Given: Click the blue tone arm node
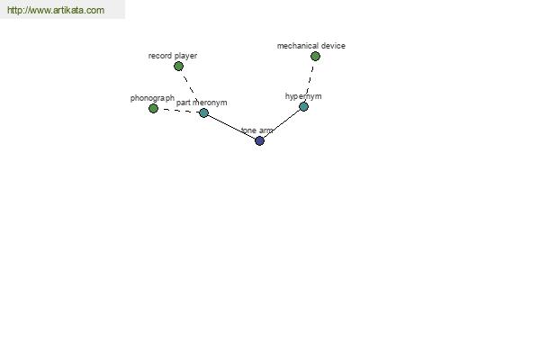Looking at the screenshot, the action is pyautogui.click(x=259, y=140).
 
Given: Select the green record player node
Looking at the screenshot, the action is pyautogui.click(x=178, y=66).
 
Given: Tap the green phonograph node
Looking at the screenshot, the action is pyautogui.click(x=153, y=109).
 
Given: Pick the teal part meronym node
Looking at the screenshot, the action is pyautogui.click(x=203, y=112).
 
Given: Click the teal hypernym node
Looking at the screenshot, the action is pyautogui.click(x=303, y=107).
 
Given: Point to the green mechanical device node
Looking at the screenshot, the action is pyautogui.click(x=315, y=56).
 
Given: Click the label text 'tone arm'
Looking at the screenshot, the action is pyautogui.click(x=256, y=130).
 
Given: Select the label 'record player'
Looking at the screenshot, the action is pyautogui.click(x=173, y=56).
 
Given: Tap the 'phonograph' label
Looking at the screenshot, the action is pyautogui.click(x=152, y=98).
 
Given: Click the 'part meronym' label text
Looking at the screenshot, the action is pyautogui.click(x=202, y=103).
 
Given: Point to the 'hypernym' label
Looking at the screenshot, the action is pyautogui.click(x=303, y=96).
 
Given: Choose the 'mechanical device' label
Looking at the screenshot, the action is pyautogui.click(x=311, y=46).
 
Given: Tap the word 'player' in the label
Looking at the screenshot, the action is pyautogui.click(x=185, y=56).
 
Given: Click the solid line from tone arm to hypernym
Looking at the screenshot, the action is pyautogui.click(x=282, y=123).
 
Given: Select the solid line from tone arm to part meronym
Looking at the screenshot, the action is pyautogui.click(x=231, y=127).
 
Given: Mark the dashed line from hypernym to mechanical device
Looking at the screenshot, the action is pyautogui.click(x=310, y=81).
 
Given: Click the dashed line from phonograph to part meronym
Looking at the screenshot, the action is pyautogui.click(x=178, y=111).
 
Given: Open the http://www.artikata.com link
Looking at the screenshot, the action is pyautogui.click(x=56, y=10).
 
